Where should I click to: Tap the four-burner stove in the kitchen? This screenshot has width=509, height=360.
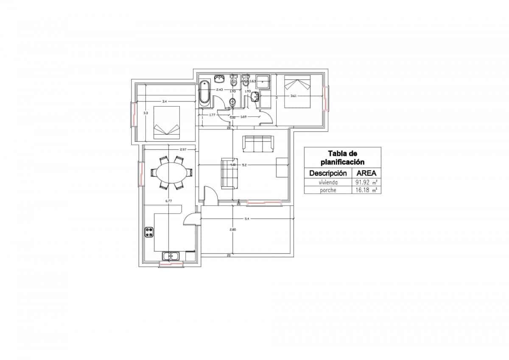coord(149,232)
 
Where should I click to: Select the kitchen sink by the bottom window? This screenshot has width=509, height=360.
coord(171,256)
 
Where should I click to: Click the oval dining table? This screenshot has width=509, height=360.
coord(171,173)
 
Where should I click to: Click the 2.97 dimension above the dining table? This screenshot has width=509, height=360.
coord(183,149)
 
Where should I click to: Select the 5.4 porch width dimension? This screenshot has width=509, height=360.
coord(246,219)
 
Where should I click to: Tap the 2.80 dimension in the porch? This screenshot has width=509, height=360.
coord(232,230)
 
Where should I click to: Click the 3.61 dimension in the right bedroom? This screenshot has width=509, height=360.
coord(293,96)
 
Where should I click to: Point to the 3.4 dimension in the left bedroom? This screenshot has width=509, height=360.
coord(164,101)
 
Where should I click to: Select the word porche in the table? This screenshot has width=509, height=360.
coord(328,190)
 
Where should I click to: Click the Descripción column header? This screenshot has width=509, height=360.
coord(328,173)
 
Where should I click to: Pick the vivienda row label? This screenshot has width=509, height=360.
coord(328,182)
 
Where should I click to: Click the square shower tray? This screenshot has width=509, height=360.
coord(263,81)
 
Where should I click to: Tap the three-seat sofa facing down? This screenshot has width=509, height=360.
coord(258,143)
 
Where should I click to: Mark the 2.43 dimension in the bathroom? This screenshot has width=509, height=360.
coord(220,90)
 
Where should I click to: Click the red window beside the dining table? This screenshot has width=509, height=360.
coord(141,173)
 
